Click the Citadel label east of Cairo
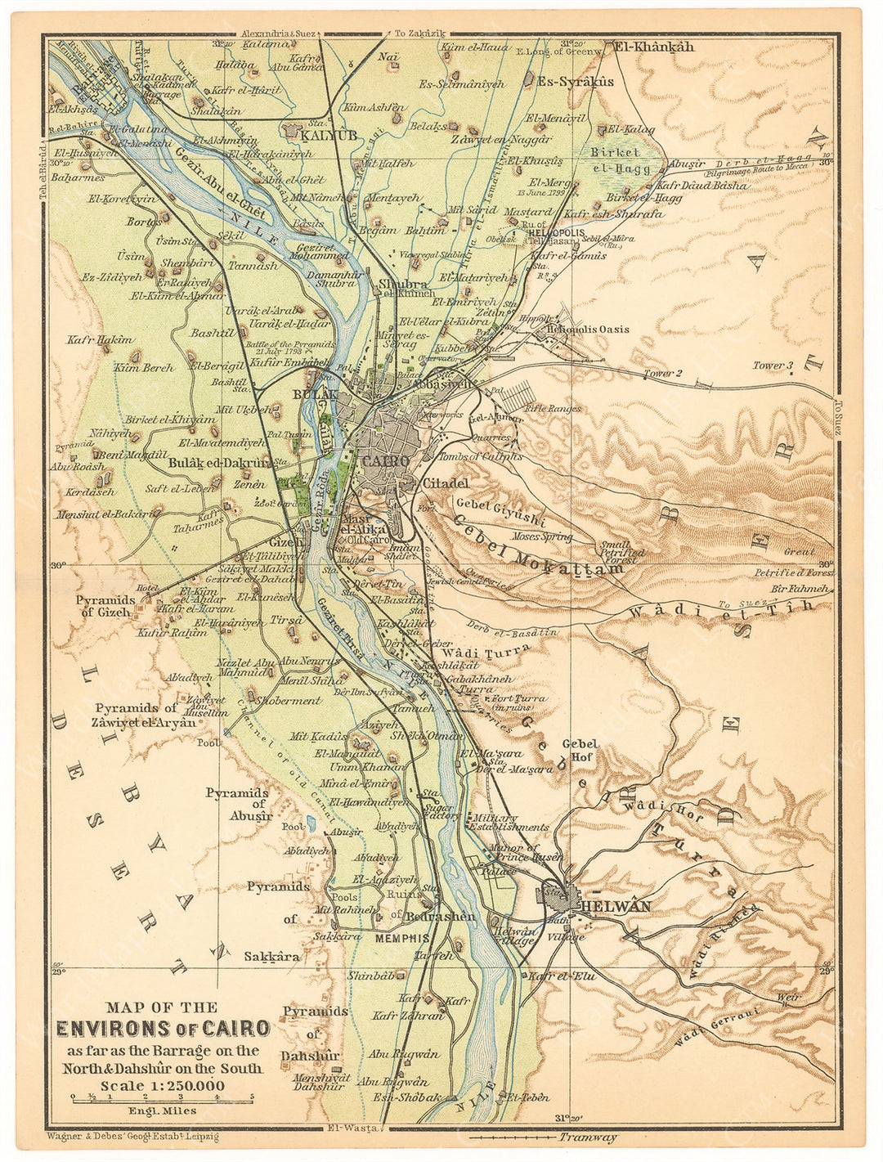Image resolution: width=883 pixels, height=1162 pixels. coord(446,483)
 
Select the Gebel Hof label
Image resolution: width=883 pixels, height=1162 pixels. coord(580,750)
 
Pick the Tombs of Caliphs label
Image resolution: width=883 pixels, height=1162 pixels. coord(481,456)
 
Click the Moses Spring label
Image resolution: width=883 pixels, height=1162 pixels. coord(542,537)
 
